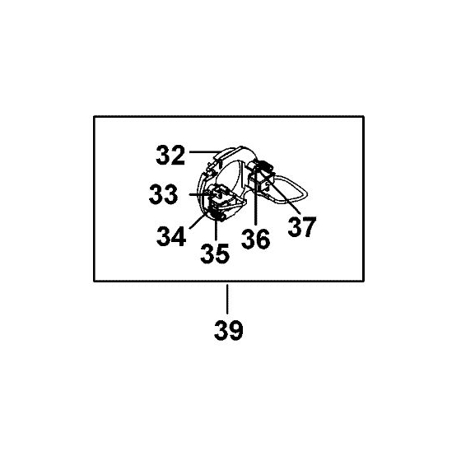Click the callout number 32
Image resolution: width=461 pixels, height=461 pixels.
click(170, 155)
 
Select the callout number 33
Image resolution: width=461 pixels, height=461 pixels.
click(164, 194)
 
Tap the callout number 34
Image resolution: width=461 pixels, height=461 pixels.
click(171, 235)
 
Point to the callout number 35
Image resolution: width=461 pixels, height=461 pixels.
click(215, 254)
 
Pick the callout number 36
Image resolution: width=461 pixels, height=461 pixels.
click(255, 239)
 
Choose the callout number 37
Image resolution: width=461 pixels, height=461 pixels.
click(302, 226)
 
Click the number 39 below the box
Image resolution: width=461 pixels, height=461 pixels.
click(229, 330)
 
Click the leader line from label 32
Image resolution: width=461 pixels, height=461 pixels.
click(205, 152)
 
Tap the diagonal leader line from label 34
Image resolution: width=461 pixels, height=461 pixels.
click(200, 219)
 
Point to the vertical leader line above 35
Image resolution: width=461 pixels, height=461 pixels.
click(216, 230)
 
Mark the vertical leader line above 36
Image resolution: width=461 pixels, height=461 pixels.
click(256, 197)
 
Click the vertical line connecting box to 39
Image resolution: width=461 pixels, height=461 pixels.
click(227, 299)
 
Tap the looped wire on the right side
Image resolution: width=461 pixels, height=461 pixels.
click(291, 189)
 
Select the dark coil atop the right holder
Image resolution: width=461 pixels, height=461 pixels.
click(264, 165)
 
